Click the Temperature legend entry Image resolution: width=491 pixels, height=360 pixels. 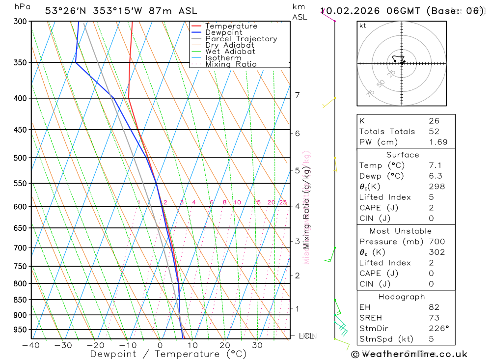point(231,26)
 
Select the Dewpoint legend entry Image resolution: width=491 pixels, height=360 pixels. point(223,32)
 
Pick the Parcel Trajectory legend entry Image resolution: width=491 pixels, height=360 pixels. point(241,39)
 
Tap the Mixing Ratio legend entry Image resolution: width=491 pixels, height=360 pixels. point(231,64)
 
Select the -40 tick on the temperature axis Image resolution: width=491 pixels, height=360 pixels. point(31,345)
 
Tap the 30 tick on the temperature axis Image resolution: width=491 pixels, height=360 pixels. point(257,345)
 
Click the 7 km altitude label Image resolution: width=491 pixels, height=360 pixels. point(298,95)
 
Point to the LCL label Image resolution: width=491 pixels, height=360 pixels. point(306,336)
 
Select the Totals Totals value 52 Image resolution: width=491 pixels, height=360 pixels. point(434,132)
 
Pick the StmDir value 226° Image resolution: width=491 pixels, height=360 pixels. point(438,329)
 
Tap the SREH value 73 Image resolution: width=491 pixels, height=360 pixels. point(434,318)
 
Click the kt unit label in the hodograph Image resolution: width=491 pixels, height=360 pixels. point(363,26)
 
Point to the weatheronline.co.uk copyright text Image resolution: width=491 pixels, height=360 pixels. point(409,354)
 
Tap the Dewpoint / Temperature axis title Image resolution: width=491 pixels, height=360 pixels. point(168,354)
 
